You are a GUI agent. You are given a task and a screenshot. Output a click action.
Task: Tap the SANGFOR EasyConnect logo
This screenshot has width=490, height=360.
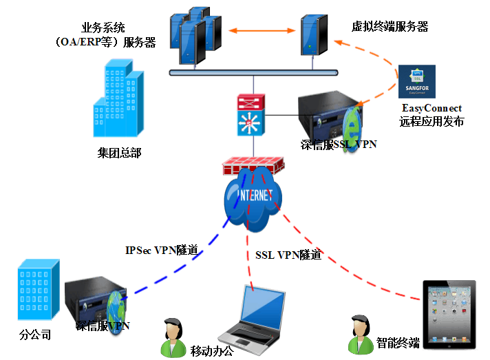point(416,82)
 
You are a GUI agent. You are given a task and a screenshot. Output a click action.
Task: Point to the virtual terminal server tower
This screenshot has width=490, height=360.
point(313,34)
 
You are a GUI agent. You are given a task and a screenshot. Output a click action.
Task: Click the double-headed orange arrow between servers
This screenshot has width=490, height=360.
point(255,31)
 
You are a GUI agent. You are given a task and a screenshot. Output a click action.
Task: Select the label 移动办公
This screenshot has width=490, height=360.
point(212,351)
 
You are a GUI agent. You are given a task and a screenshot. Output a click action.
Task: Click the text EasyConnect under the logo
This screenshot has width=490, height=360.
point(432,108)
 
